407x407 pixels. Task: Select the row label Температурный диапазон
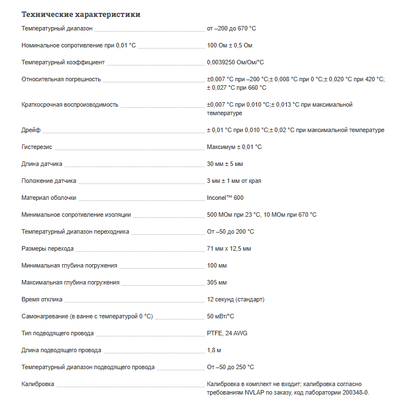[57, 28]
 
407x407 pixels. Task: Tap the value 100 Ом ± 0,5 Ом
[230, 45]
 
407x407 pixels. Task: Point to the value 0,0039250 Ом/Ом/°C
[235, 62]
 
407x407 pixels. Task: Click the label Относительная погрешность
[61, 79]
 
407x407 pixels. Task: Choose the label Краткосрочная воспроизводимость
[70, 105]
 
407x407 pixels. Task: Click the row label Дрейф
[31, 130]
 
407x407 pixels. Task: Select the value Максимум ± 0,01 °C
[234, 147]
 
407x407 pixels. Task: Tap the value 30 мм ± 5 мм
[225, 164]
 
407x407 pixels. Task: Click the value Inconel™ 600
[225, 198]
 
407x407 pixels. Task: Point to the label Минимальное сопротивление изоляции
[76, 215]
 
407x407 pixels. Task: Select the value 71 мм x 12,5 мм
[229, 248]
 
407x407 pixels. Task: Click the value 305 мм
[217, 282]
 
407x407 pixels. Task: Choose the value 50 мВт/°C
[221, 316]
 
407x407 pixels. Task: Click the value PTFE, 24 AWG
[227, 333]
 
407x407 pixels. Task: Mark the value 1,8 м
[214, 350]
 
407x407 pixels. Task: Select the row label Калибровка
[38, 384]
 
